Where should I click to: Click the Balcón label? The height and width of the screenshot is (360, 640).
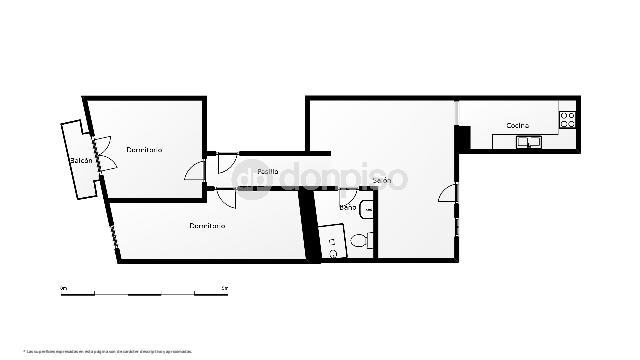81,161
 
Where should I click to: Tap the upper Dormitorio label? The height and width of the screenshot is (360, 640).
144,150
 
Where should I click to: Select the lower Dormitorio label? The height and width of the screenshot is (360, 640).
207,225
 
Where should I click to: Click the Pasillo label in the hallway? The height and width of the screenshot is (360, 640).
267,171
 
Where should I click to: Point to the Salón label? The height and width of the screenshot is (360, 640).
381,180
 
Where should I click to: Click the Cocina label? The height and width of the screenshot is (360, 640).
517,125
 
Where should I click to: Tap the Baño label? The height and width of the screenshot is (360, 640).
347,207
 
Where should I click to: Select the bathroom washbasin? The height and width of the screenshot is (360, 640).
367,210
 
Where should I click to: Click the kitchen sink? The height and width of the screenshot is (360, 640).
527,142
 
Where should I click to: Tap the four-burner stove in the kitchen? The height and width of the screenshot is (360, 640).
568,119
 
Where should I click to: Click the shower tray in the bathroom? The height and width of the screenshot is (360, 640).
332,240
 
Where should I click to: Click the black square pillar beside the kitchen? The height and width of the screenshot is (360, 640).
462,138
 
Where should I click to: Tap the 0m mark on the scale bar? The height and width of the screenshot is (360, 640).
63,288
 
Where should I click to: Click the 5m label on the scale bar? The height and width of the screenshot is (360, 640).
224,288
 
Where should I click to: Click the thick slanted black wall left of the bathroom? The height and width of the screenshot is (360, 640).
310,225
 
